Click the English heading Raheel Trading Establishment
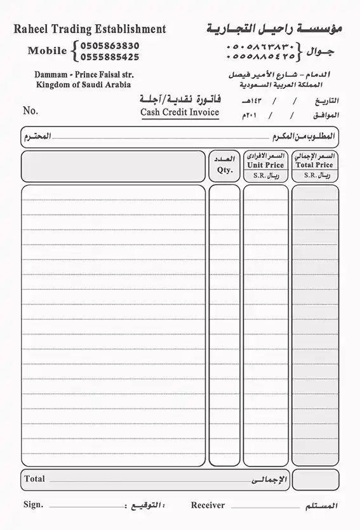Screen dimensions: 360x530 tap(90, 29)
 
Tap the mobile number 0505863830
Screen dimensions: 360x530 tap(110, 46)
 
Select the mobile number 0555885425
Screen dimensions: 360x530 tap(110, 57)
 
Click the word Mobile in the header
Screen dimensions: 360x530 tap(47, 51)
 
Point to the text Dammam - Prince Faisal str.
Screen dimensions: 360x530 tap(84, 74)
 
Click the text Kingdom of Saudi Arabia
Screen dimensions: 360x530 tap(84, 84)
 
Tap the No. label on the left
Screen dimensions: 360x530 tap(30, 111)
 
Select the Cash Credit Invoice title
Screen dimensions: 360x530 tap(180, 112)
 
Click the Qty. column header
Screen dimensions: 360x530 tap(225, 170)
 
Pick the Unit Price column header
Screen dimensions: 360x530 tap(265, 165)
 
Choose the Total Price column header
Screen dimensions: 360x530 tap(314, 165)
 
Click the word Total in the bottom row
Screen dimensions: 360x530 tap(34, 479)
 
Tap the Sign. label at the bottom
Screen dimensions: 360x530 tap(33, 505)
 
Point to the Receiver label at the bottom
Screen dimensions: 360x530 tap(208, 505)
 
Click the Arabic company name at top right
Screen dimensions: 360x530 tap(274, 29)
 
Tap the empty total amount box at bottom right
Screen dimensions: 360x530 tap(315, 480)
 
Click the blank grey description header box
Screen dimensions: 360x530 tap(114, 166)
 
